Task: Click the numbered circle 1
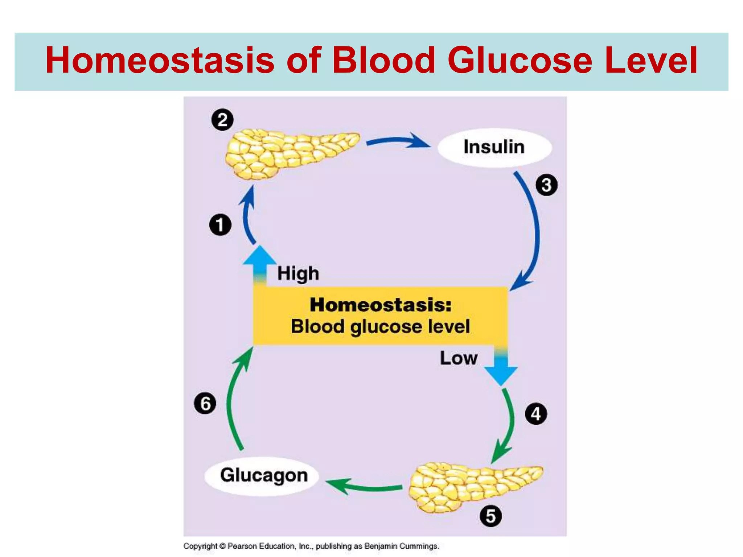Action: pos(220,225)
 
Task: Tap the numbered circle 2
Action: pos(222,120)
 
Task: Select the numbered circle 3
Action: pos(546,185)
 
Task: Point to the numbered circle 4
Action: pos(536,414)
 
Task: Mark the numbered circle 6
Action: pos(205,404)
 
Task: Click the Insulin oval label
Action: pos(494,147)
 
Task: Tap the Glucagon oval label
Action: pos(264,475)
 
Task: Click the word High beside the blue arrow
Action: pos(298,273)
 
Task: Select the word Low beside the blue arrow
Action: pos(459,358)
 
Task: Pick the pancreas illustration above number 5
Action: pos(472,486)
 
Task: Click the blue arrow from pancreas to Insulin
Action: pos(399,141)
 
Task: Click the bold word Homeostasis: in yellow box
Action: pos(381,305)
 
